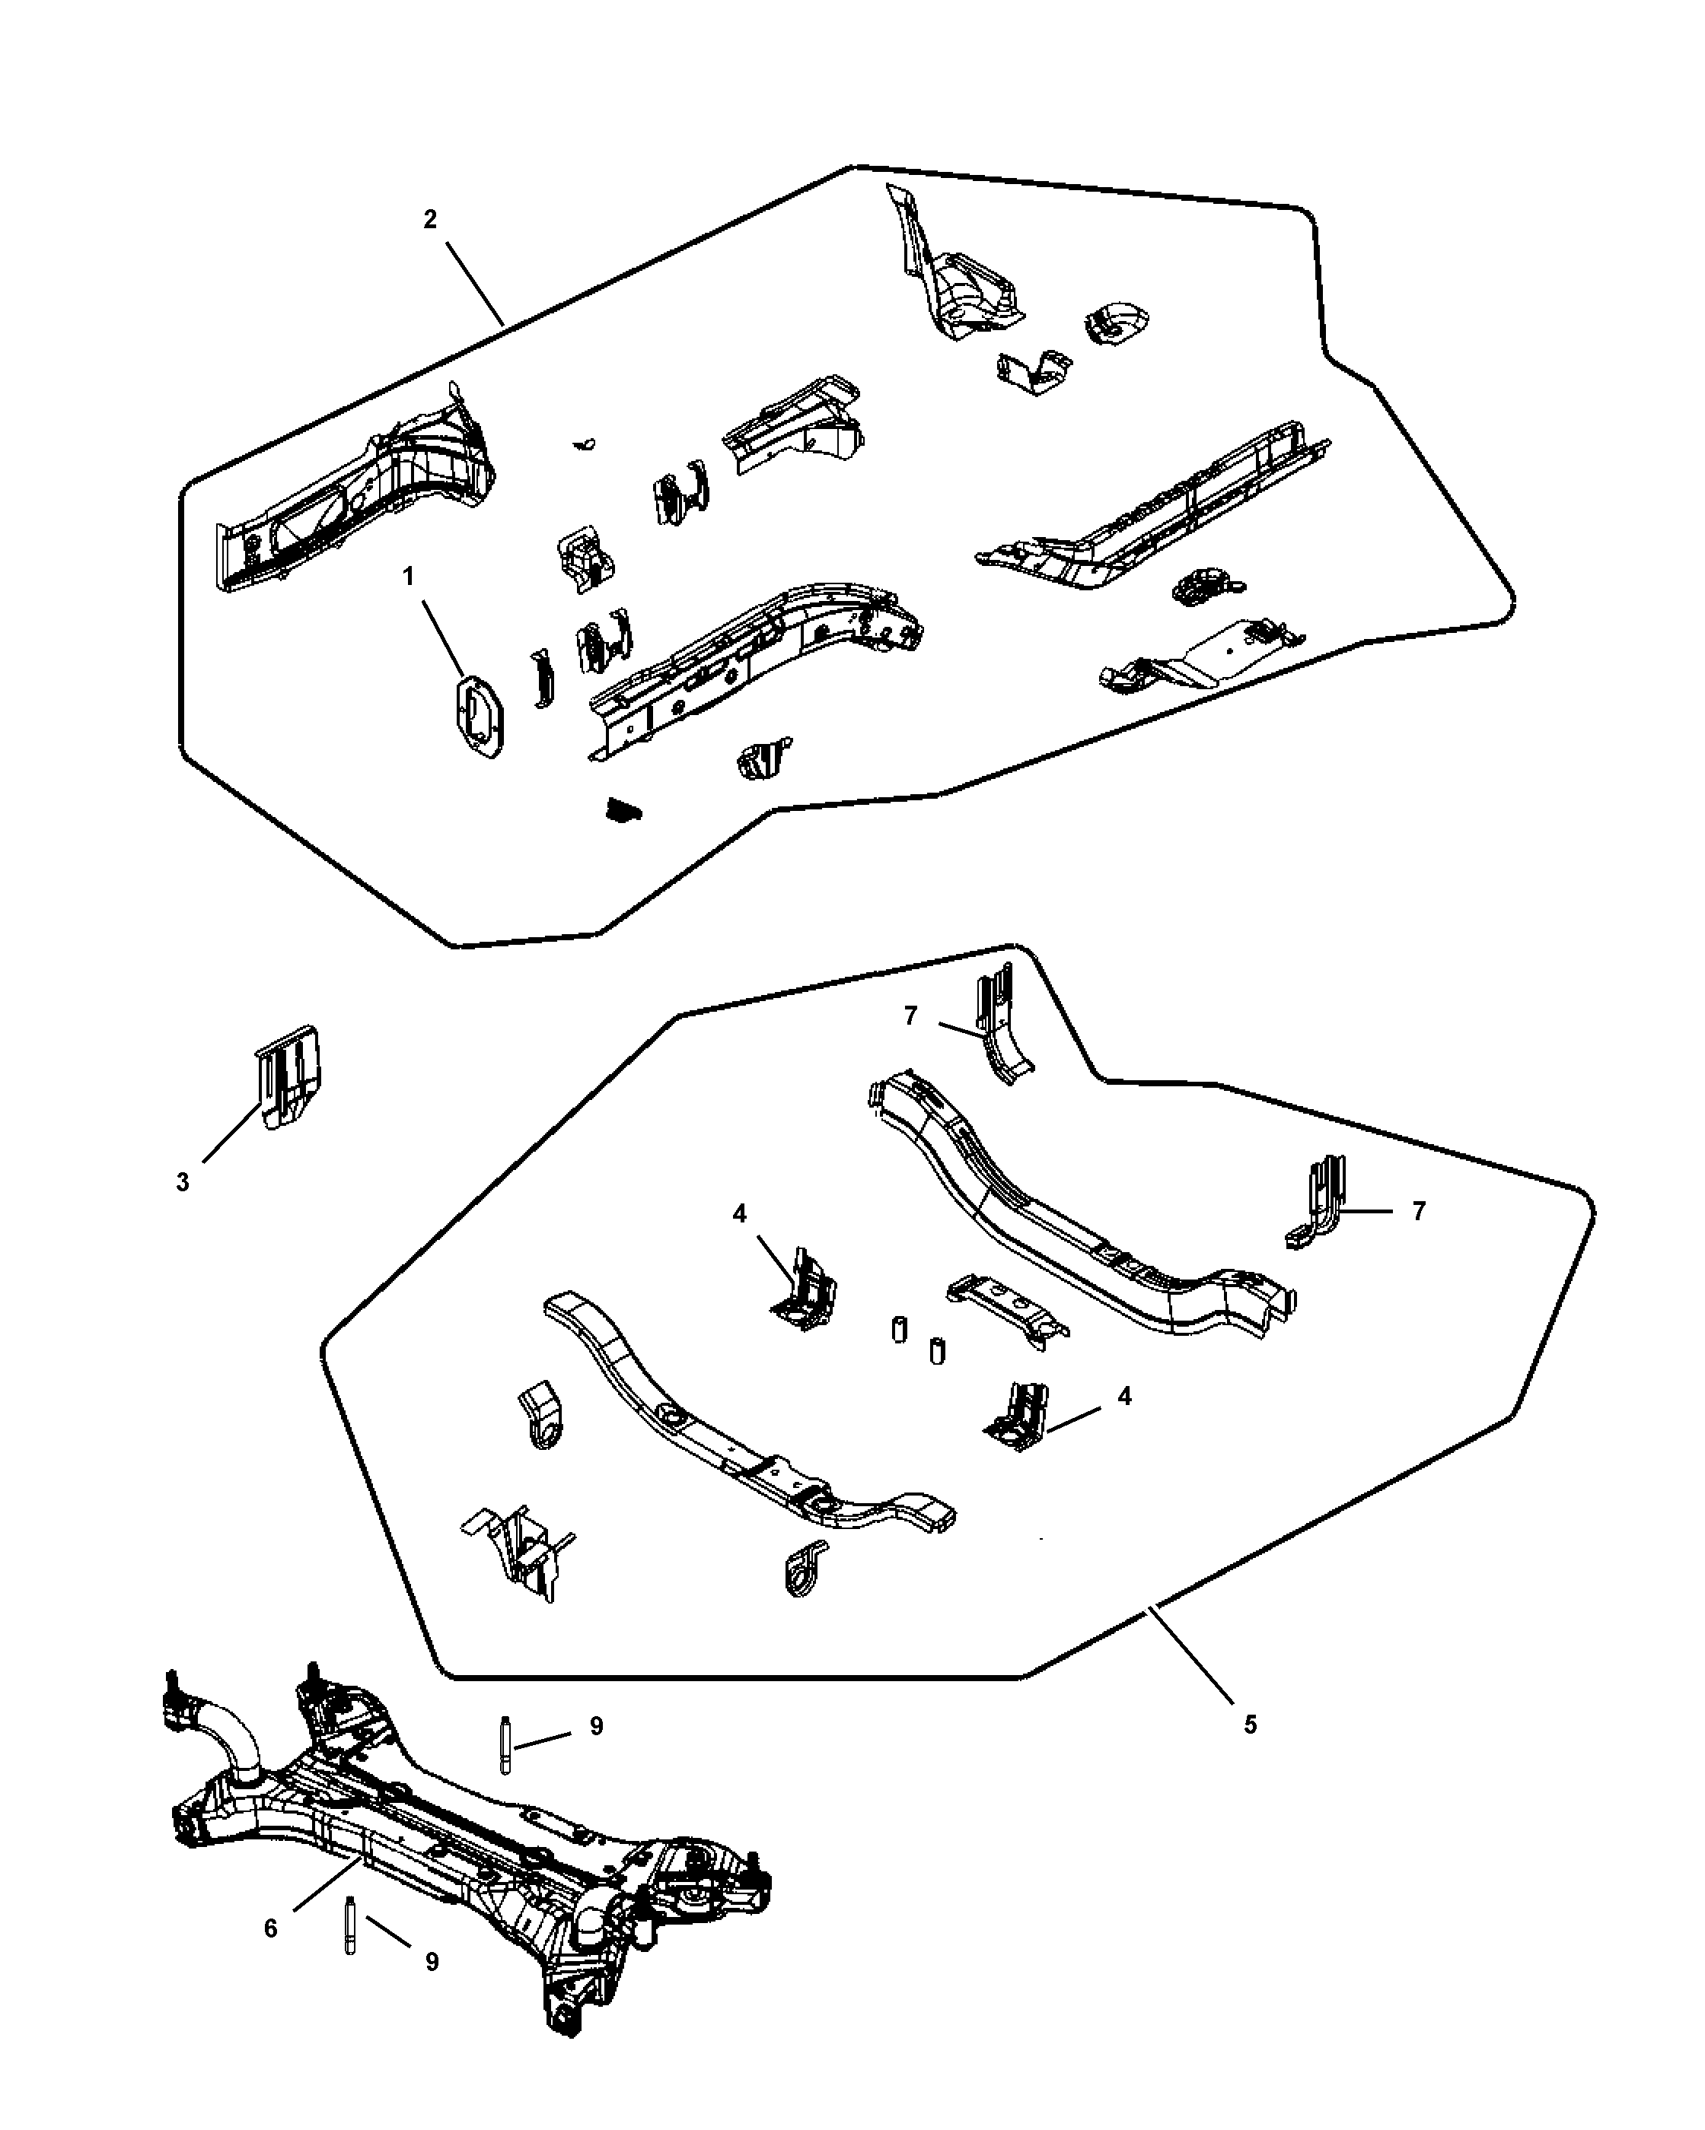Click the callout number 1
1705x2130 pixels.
tap(408, 576)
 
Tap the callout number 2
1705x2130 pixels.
tap(430, 219)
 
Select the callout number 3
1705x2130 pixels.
tap(183, 1183)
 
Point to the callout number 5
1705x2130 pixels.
tap(1251, 1725)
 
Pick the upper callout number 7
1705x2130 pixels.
tap(910, 1016)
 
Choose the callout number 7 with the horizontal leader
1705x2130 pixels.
tap(1420, 1211)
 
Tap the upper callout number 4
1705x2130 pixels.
tap(741, 1214)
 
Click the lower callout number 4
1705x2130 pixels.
tap(1123, 1396)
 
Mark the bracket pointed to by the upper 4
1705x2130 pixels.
tap(805, 1289)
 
